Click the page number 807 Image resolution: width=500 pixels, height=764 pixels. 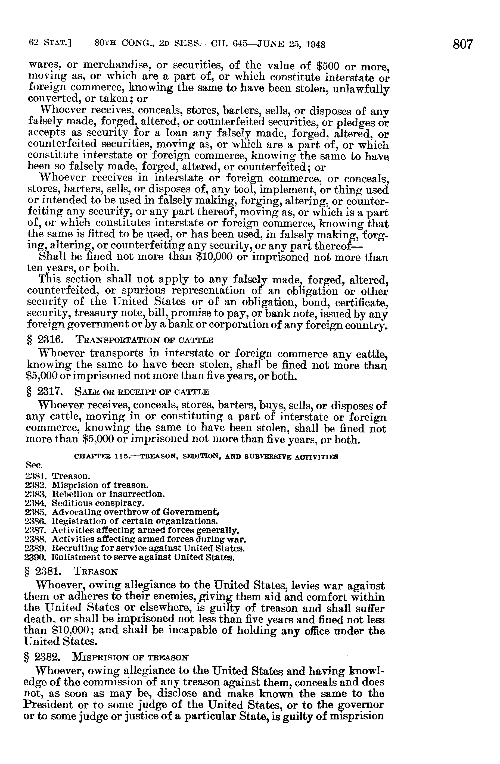pos(463,44)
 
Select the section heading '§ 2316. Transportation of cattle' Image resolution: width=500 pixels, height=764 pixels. pos(120,340)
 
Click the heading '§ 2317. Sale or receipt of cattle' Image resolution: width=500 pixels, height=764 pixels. pos(118,392)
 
